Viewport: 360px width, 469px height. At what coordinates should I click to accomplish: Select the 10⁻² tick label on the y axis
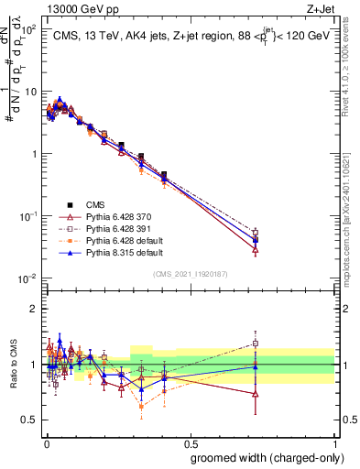coord(26,278)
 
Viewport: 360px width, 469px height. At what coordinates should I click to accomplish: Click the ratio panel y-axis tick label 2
coord(33,309)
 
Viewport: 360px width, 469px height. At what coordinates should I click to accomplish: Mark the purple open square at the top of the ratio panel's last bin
coord(256,344)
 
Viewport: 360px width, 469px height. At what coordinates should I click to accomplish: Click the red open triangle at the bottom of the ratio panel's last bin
coord(256,394)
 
